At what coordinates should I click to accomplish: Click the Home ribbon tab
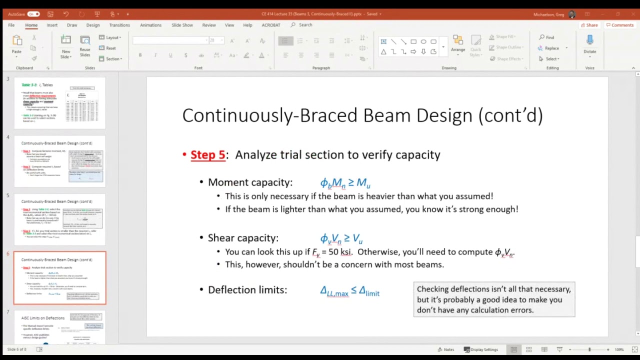coord(31,25)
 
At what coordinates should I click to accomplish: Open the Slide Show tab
coord(182,25)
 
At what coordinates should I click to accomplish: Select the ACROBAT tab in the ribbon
coord(271,25)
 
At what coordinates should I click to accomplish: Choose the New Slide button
coord(65,46)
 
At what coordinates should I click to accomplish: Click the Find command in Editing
coord(546,37)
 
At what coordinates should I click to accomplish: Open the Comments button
coord(619,25)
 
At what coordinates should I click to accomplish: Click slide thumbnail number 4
coord(59,161)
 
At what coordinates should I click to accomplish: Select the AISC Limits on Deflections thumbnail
coord(59,327)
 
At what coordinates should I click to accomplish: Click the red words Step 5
coord(207,155)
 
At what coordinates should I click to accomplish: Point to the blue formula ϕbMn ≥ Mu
coord(345,183)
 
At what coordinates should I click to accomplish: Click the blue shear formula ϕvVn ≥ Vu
coord(341,238)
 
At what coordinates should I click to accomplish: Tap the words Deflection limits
coord(247,290)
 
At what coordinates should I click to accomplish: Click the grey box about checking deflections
coord(494,299)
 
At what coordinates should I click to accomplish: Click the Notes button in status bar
coord(445,349)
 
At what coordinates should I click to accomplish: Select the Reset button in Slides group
coord(107,48)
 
